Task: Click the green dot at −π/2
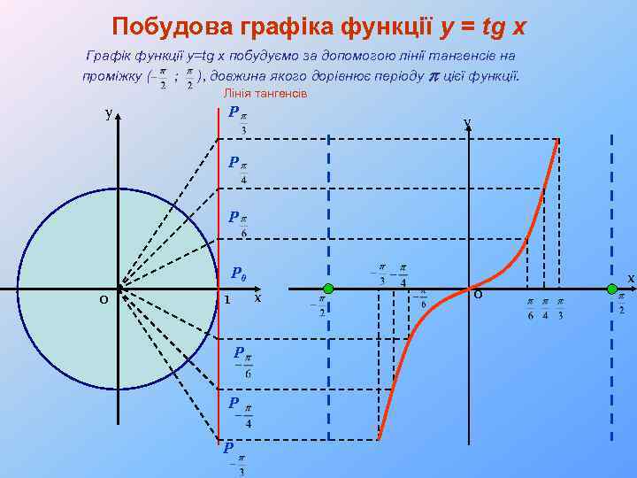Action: pyautogui.click(x=328, y=288)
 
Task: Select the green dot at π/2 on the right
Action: pyautogui.click(x=611, y=288)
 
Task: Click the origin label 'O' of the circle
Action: pyautogui.click(x=104, y=301)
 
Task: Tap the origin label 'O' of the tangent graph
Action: pyautogui.click(x=478, y=295)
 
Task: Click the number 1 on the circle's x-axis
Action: pyautogui.click(x=227, y=300)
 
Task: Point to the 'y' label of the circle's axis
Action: pyautogui.click(x=108, y=113)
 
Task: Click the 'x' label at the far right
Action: pyautogui.click(x=631, y=278)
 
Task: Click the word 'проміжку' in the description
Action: pyautogui.click(x=112, y=75)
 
